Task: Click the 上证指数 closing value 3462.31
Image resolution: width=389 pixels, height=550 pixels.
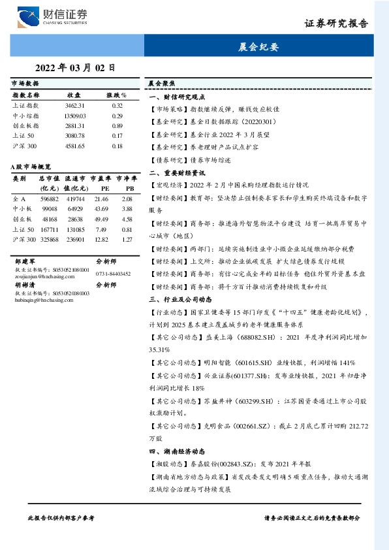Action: tap(74, 105)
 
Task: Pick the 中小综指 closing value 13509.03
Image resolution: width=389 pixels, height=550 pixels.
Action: tap(74, 115)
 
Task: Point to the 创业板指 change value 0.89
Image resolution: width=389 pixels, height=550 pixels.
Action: tap(117, 125)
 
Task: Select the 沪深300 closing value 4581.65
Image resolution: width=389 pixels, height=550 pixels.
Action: tap(74, 146)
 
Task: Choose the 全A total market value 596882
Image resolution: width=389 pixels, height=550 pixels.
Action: tap(50, 198)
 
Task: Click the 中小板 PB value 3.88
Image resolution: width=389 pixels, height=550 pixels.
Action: tap(127, 208)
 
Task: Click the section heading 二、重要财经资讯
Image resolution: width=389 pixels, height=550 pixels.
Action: tap(177, 173)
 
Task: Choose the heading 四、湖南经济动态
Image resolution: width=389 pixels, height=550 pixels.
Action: tap(177, 451)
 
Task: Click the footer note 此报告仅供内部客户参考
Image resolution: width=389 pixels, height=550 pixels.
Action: tap(61, 517)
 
